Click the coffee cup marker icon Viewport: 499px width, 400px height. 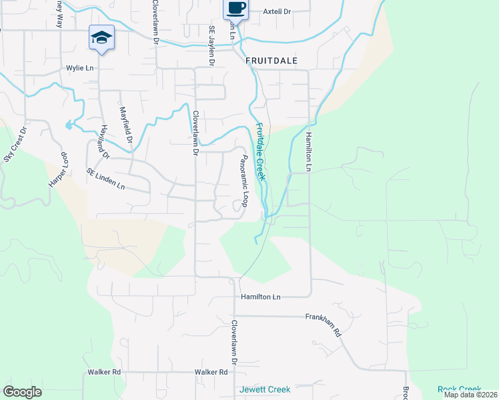click(235, 8)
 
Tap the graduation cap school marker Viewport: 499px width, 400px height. click(101, 38)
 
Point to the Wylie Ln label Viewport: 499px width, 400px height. click(79, 68)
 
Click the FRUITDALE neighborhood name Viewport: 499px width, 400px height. click(271, 60)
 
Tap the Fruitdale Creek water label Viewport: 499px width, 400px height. click(261, 152)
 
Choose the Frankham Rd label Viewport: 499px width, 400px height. click(324, 325)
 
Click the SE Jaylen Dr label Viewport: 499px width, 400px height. click(212, 46)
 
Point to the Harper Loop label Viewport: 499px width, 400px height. click(59, 170)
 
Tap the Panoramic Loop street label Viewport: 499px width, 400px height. click(244, 180)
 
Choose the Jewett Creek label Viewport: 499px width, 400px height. click(265, 389)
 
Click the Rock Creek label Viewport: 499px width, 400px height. click(459, 389)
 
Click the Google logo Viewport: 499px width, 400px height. click(22, 392)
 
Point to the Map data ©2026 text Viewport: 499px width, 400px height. click(470, 395)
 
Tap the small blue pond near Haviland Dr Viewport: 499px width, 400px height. click(68, 125)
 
